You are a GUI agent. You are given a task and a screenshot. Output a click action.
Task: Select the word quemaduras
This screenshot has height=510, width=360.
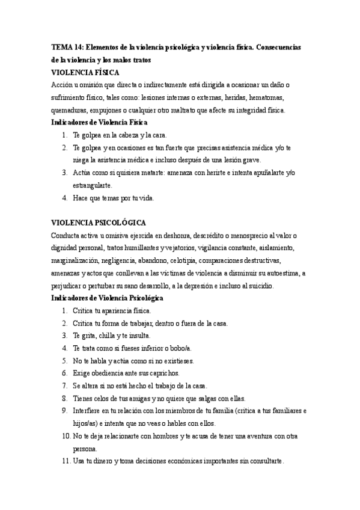[70, 110]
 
